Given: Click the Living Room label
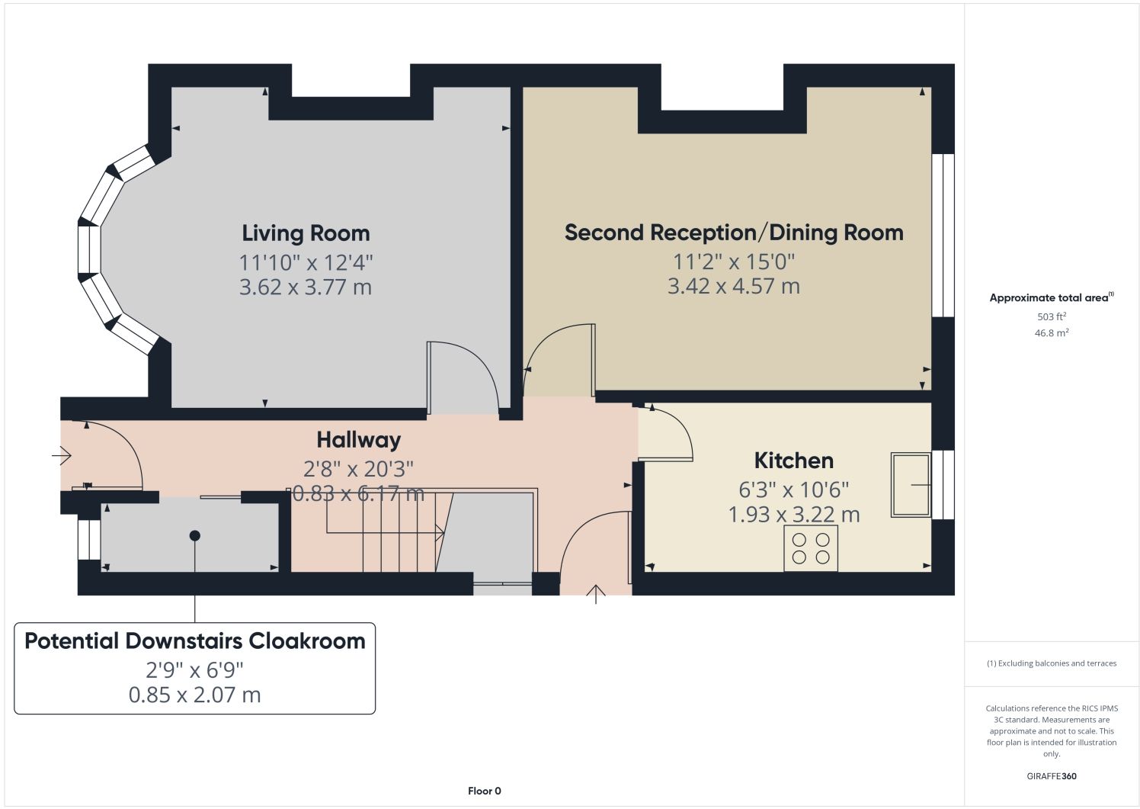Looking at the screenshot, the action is (x=306, y=233).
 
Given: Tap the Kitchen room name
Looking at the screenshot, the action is (x=794, y=461).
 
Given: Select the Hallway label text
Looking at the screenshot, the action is (x=359, y=441).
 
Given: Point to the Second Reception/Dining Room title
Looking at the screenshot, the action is (x=734, y=233).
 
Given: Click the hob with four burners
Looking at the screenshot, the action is (x=811, y=547).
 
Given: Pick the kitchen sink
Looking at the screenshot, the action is (x=911, y=485).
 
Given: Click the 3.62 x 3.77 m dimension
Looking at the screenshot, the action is (x=306, y=287).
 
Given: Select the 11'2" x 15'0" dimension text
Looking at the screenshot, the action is (x=734, y=262).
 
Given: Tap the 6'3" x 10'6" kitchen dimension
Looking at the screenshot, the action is (x=794, y=490).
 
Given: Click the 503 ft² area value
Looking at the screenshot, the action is (x=1052, y=316).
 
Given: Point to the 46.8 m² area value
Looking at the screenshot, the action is (x=1052, y=333).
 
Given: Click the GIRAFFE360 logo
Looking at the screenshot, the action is (x=1052, y=776).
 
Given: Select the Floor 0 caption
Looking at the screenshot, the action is (x=485, y=791).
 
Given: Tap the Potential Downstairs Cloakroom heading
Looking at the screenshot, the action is (x=195, y=641).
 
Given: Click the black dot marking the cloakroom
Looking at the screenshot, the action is (x=194, y=535).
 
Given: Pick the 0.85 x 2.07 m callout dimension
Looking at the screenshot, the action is (x=194, y=695).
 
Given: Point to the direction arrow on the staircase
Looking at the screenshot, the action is (x=385, y=533).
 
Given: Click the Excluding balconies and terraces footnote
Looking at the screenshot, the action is (x=1052, y=663).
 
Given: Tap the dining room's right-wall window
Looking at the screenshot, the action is (x=943, y=235).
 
